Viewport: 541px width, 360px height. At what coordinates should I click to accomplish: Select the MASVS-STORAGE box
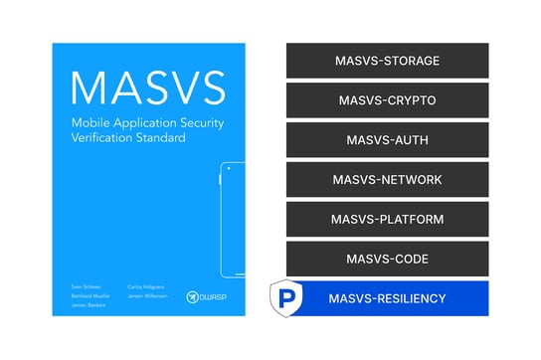[x=387, y=61]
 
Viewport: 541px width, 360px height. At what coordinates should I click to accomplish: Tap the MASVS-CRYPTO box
[x=387, y=100]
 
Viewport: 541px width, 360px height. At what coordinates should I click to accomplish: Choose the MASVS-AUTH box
[x=387, y=140]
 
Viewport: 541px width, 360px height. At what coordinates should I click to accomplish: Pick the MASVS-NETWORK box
[x=387, y=180]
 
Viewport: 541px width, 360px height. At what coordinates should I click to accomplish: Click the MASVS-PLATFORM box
[x=387, y=219]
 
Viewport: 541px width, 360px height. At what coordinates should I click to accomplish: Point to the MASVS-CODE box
[x=387, y=259]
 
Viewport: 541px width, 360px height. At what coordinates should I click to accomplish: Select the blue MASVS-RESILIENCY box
[x=387, y=298]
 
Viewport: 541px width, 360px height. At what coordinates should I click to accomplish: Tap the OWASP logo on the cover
[x=206, y=295]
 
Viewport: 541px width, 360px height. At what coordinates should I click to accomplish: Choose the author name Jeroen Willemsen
[x=147, y=295]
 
